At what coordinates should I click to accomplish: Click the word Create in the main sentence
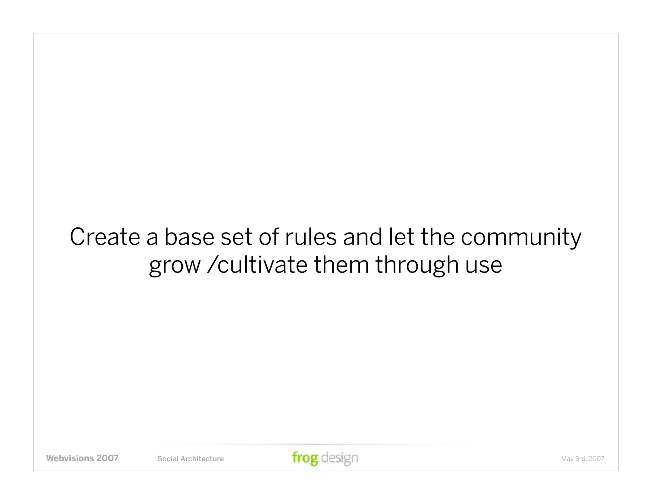click(x=105, y=237)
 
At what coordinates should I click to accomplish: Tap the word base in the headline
click(x=189, y=237)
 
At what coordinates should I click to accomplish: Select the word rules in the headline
click(x=311, y=237)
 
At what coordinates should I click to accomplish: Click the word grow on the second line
click(x=175, y=265)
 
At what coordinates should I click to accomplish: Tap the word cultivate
click(x=262, y=265)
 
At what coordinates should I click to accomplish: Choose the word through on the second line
click(x=417, y=265)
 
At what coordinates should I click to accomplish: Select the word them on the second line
click(x=341, y=265)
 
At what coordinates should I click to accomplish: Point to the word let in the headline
click(x=401, y=237)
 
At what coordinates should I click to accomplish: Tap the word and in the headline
click(x=362, y=237)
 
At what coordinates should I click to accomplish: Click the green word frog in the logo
click(x=305, y=458)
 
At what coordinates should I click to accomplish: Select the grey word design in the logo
click(x=340, y=458)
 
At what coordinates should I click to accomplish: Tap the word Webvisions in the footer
click(x=70, y=458)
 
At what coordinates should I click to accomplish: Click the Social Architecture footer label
click(x=190, y=459)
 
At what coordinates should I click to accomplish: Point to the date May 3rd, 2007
click(x=582, y=459)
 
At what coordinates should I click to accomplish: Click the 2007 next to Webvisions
click(x=107, y=458)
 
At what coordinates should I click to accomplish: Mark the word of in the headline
click(x=269, y=237)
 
